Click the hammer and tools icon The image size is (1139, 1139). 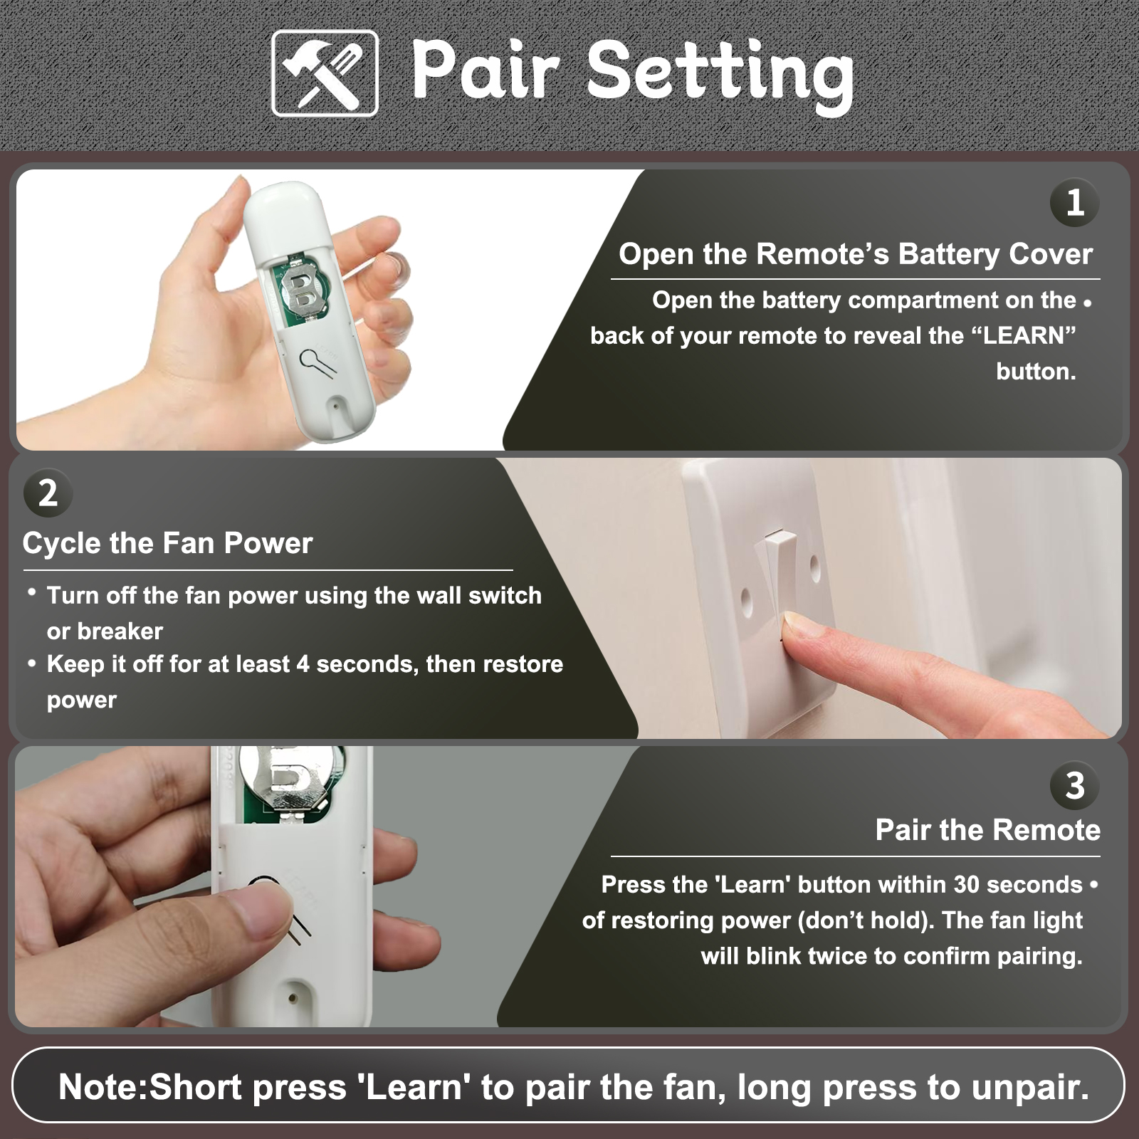[x=325, y=73]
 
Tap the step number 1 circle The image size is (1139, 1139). [x=1075, y=202]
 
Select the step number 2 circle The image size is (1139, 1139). [x=48, y=493]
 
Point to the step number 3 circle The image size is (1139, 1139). [x=1075, y=785]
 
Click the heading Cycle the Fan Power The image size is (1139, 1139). [x=167, y=543]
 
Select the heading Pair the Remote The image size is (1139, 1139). [x=987, y=830]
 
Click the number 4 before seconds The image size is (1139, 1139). [x=303, y=664]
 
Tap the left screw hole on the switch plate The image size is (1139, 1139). [x=746, y=602]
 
